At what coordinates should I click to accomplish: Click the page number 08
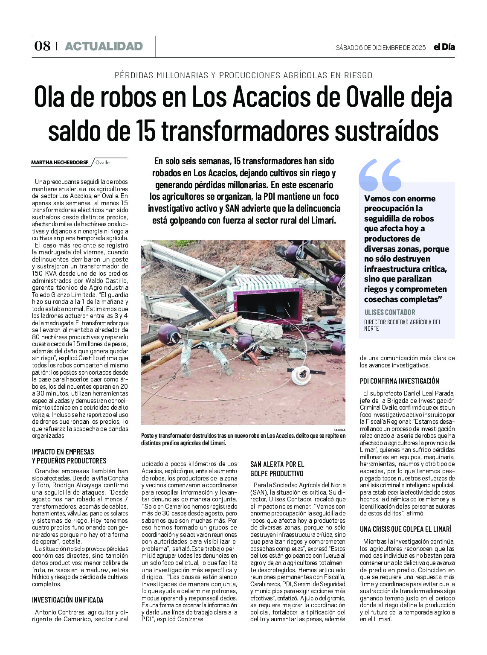coord(42,46)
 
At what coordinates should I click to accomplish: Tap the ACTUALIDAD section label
coord(104,46)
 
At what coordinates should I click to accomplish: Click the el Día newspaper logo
coord(444,47)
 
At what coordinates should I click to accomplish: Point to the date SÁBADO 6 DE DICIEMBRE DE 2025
coord(380,47)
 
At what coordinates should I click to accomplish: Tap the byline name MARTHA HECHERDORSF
coord(60,163)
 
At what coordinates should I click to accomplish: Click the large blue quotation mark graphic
coord(380,174)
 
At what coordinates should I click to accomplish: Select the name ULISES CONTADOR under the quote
coord(390,312)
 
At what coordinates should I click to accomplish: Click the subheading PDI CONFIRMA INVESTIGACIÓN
coord(399,381)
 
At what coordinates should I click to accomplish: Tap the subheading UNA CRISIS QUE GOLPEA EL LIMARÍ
coord(405,529)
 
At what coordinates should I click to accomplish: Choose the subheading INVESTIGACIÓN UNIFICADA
coord(67,600)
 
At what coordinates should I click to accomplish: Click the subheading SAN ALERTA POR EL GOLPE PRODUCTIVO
coord(277,469)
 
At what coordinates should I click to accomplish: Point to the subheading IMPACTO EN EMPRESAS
coord(63,451)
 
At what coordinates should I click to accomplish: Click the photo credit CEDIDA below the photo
coord(339,429)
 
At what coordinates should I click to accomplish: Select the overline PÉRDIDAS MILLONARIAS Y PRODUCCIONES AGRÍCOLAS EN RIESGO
coord(243,75)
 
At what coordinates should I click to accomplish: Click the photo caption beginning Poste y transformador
coord(243,439)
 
